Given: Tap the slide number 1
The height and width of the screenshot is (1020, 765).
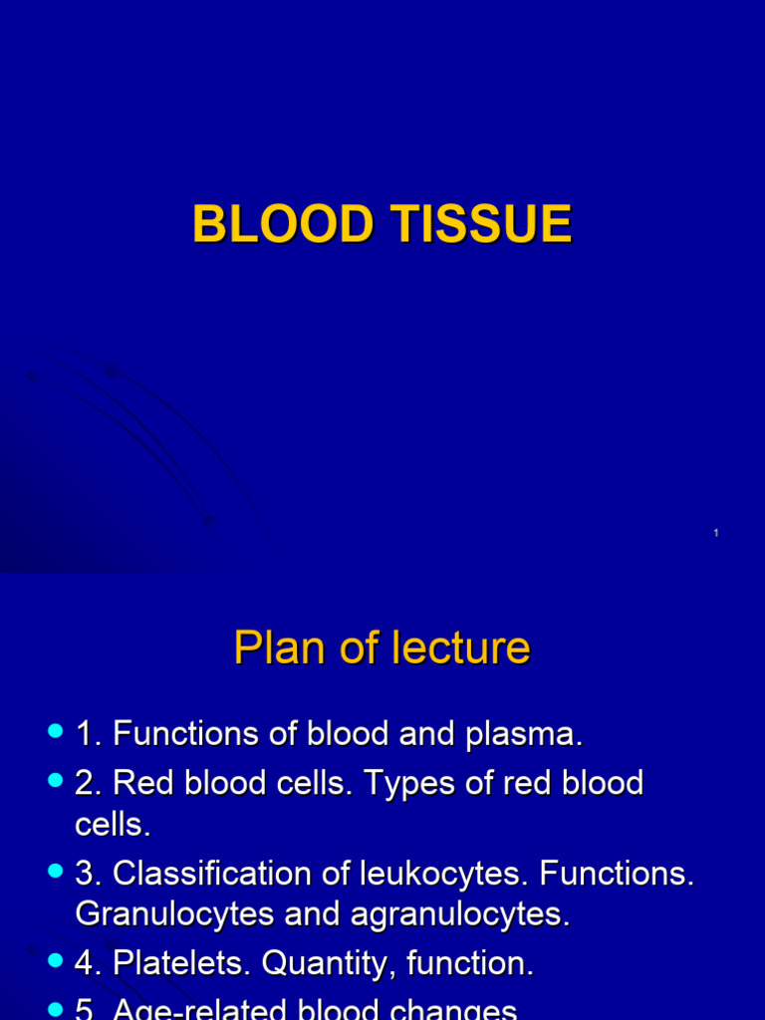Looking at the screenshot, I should (x=716, y=535).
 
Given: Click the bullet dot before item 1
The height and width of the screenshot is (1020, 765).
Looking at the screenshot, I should (x=55, y=733).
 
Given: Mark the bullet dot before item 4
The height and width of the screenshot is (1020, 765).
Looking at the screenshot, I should (x=55, y=962).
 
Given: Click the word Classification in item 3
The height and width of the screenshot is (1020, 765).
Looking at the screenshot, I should (x=212, y=874).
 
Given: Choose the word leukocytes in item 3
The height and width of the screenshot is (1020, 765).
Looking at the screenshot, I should (x=433, y=874).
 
